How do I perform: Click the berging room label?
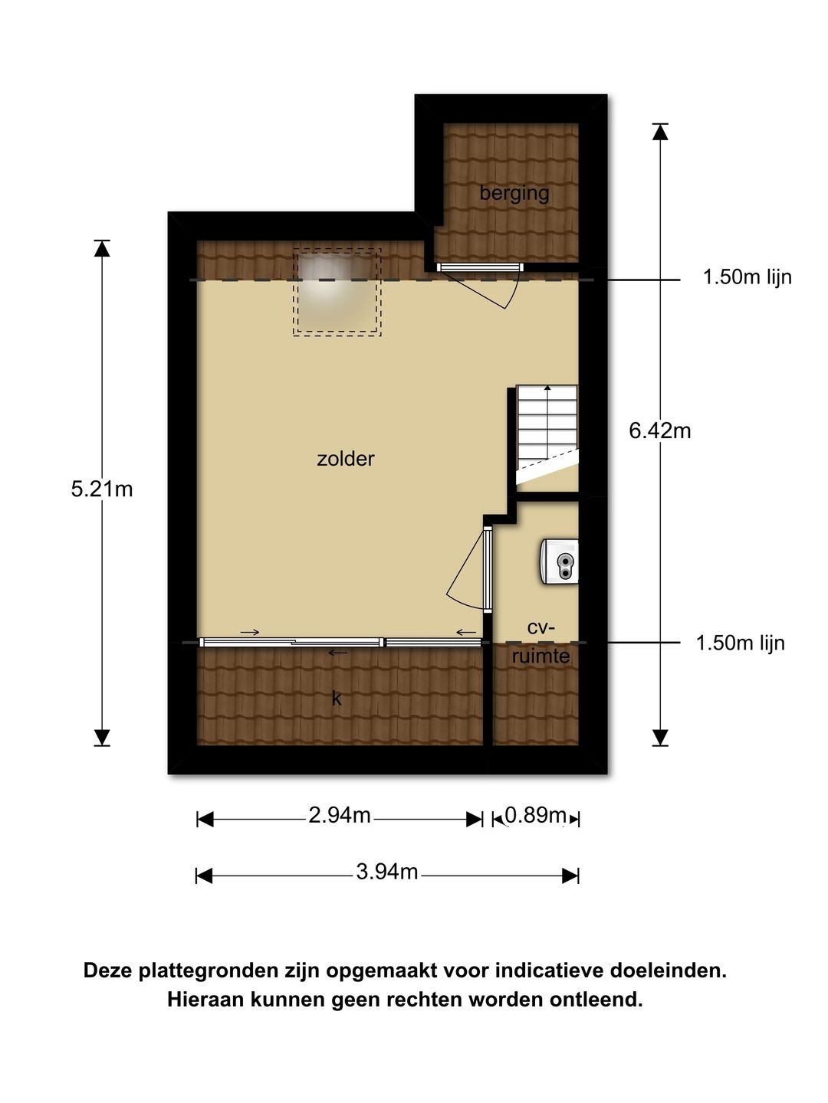pyautogui.click(x=514, y=194)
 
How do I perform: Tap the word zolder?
pyautogui.click(x=345, y=459)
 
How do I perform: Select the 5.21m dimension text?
pyautogui.click(x=101, y=489)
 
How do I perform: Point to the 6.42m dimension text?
pyautogui.click(x=659, y=430)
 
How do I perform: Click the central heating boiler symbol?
pyautogui.click(x=559, y=561)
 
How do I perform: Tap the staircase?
pyautogui.click(x=547, y=434)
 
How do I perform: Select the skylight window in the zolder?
pyautogui.click(x=337, y=292)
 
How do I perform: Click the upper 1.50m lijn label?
pyautogui.click(x=747, y=277)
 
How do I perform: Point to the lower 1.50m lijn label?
pyautogui.click(x=740, y=643)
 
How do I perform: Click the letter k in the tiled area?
pyautogui.click(x=337, y=698)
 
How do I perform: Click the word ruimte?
pyautogui.click(x=540, y=656)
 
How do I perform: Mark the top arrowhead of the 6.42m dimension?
pyautogui.click(x=659, y=132)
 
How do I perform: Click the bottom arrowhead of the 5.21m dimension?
pyautogui.click(x=101, y=737)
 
